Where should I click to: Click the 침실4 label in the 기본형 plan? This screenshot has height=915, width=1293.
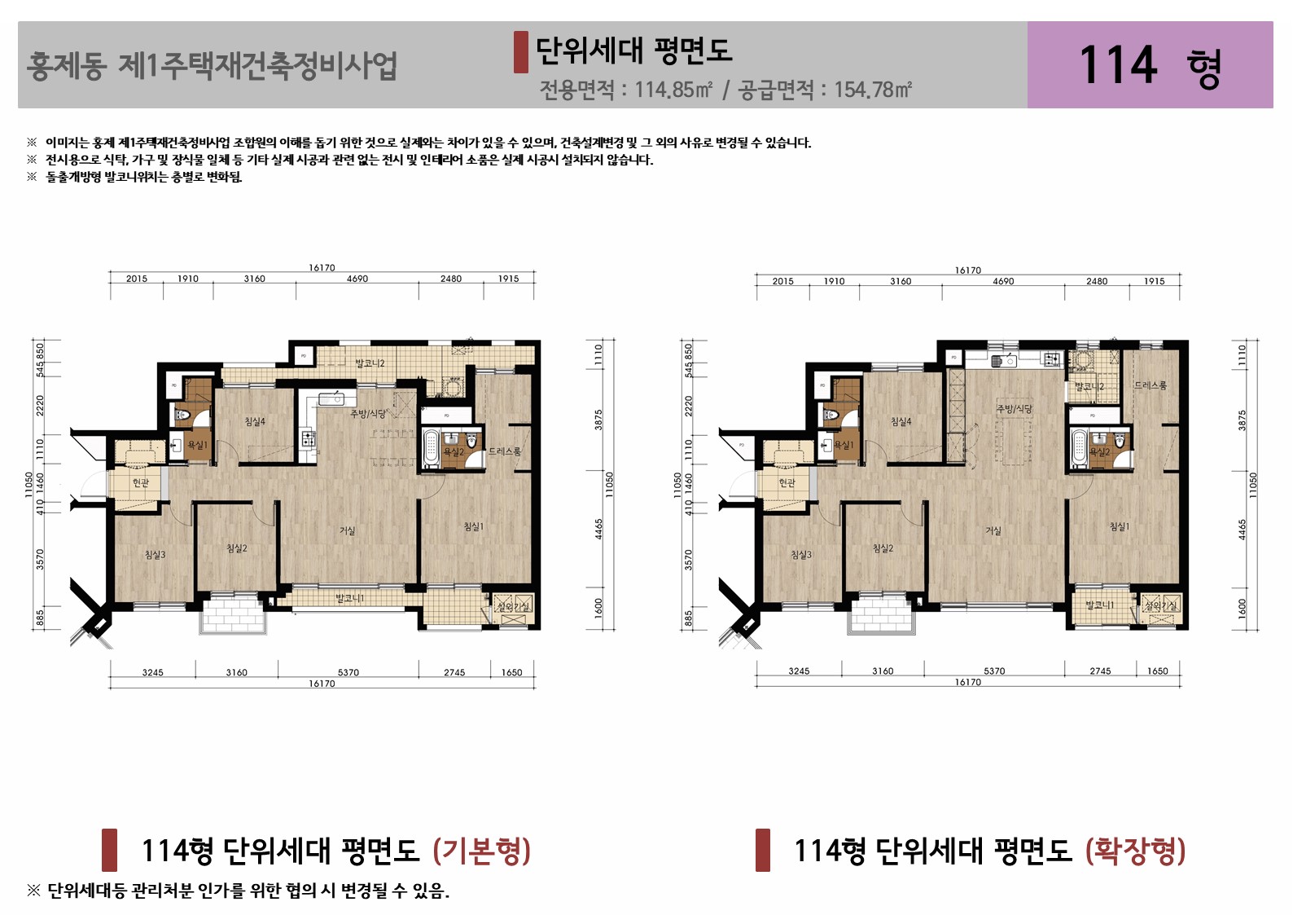(255, 422)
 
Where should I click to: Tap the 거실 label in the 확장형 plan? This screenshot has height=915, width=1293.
(993, 531)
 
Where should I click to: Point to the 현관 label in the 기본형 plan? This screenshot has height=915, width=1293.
(141, 483)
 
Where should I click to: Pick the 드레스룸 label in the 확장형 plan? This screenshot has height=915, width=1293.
(1151, 385)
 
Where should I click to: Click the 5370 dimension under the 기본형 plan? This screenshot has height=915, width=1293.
(348, 672)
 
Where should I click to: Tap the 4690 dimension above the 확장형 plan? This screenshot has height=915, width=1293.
(1003, 281)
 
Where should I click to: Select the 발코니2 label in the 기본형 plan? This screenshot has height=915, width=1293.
(370, 363)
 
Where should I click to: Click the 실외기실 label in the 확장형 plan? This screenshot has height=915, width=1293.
(1160, 605)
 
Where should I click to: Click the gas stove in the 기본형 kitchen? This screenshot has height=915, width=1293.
(309, 439)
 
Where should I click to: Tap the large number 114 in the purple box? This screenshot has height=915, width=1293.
(1117, 65)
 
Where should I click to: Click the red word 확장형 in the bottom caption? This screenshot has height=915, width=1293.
(1135, 851)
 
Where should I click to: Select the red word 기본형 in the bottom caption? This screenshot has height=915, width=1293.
(482, 851)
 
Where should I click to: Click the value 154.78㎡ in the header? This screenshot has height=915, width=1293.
(872, 90)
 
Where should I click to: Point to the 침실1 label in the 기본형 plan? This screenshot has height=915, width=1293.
(473, 527)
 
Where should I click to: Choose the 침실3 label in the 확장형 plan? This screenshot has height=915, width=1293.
(801, 555)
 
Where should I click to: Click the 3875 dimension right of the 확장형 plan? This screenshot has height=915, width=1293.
(1242, 420)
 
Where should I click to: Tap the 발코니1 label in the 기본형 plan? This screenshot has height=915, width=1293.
(350, 599)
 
